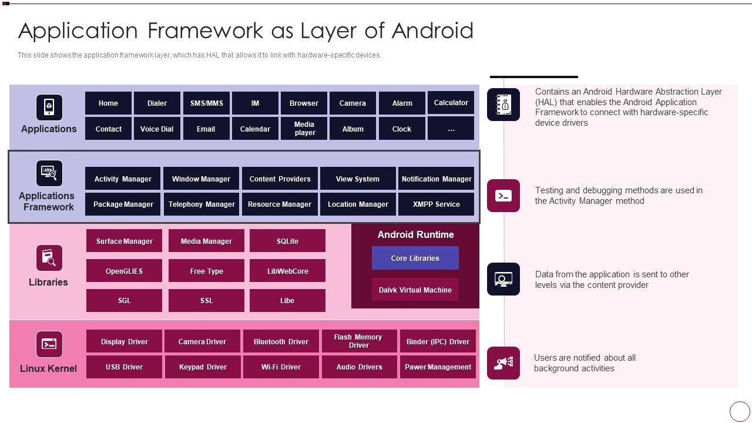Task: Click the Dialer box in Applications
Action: pos(157,103)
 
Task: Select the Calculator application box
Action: pos(451,102)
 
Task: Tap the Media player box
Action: pos(304,128)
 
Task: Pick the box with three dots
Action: pos(451,128)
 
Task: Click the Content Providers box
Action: pos(280,179)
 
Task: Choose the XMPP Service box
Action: pos(436,204)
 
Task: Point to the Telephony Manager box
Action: pos(202,204)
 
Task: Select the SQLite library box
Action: pos(287,241)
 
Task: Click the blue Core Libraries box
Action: pos(415,258)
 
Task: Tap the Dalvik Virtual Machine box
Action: pos(415,290)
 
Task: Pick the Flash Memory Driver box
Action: pos(359,341)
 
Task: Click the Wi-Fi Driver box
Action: pos(281,367)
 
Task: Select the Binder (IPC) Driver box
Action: pos(438,341)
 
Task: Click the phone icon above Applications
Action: pos(49,108)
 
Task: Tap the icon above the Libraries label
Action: pos(49,258)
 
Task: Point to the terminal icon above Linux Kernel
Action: pos(49,344)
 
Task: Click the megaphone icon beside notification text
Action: pos(503,363)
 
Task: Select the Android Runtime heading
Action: pos(415,234)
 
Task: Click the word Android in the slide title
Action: pos(433,31)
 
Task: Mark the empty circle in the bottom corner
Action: pos(740,411)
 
